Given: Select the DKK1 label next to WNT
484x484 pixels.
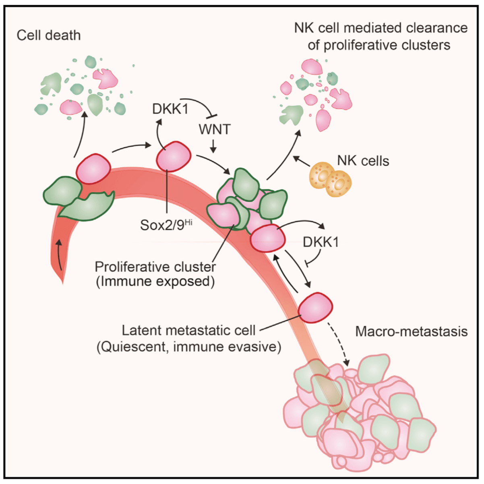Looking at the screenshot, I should tap(170, 109).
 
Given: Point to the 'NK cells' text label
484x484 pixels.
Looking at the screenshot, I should tap(363, 161).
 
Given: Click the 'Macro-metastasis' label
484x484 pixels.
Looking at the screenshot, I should tap(411, 331).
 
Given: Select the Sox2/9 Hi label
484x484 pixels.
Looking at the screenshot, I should tap(166, 224).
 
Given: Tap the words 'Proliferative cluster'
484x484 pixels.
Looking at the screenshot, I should tap(155, 267).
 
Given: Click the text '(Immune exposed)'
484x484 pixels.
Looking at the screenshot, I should tap(155, 281).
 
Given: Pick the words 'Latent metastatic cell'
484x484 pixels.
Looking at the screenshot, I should tap(189, 331).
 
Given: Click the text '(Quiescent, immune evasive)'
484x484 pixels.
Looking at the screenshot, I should tap(189, 346).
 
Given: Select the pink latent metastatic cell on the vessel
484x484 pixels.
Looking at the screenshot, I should tap(315, 308).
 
